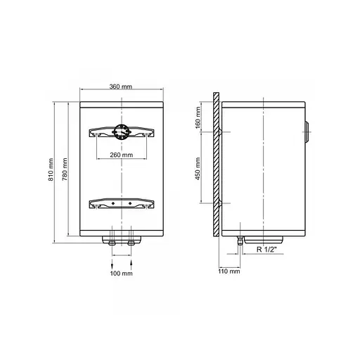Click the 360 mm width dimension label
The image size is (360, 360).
(122, 86)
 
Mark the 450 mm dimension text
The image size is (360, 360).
(199, 169)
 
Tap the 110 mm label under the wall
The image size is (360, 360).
(229, 271)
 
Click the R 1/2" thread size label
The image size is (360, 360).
(268, 249)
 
